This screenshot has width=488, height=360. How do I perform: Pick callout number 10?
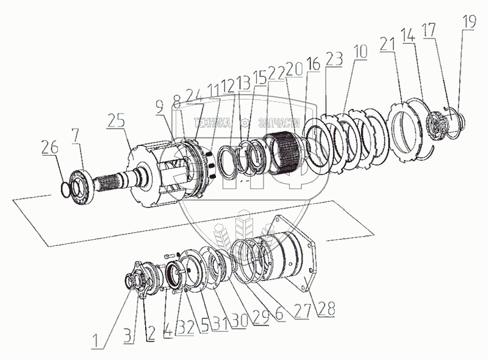point(361,52)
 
